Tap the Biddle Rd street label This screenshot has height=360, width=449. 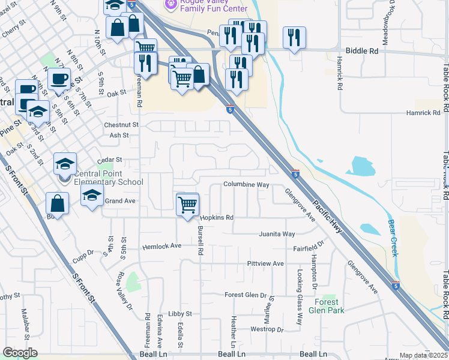coord(360,52)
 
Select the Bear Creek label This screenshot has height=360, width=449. coord(394,238)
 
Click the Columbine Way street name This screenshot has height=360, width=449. coord(246,185)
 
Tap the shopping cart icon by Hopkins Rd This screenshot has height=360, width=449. coord(188,204)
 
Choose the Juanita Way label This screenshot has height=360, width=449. coord(277,234)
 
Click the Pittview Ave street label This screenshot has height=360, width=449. coord(265,263)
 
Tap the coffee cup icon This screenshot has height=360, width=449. coord(59,79)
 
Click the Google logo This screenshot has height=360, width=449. coord(20,353)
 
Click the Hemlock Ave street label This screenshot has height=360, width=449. coord(161,246)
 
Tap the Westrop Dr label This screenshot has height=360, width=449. coord(267,329)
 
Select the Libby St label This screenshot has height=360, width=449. coord(179,313)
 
